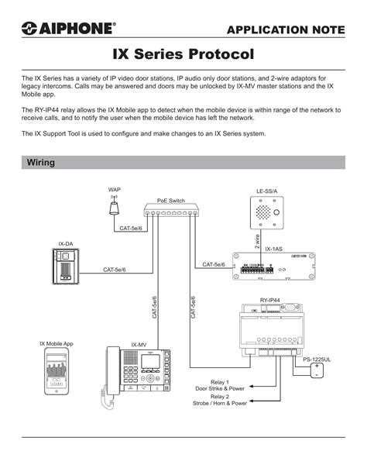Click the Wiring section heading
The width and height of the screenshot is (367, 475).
point(40,163)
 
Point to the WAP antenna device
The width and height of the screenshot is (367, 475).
point(115,208)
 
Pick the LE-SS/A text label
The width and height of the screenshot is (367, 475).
point(266,191)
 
